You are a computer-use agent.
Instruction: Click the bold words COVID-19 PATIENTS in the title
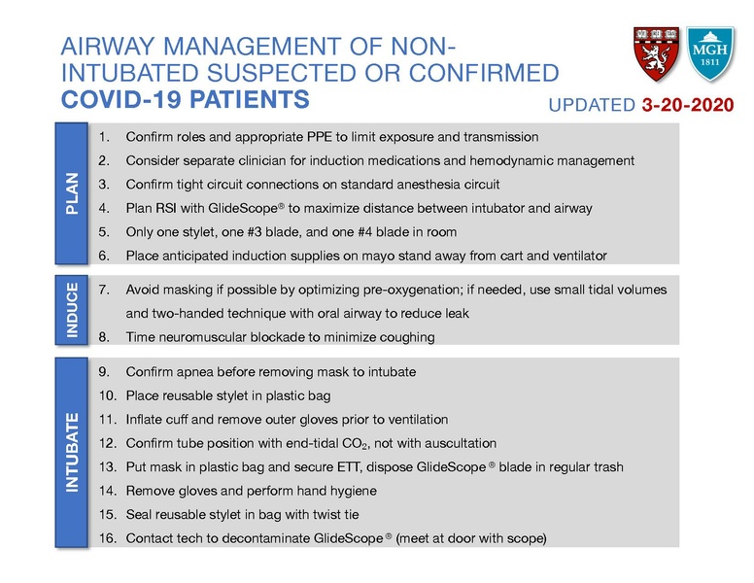tap(186, 100)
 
